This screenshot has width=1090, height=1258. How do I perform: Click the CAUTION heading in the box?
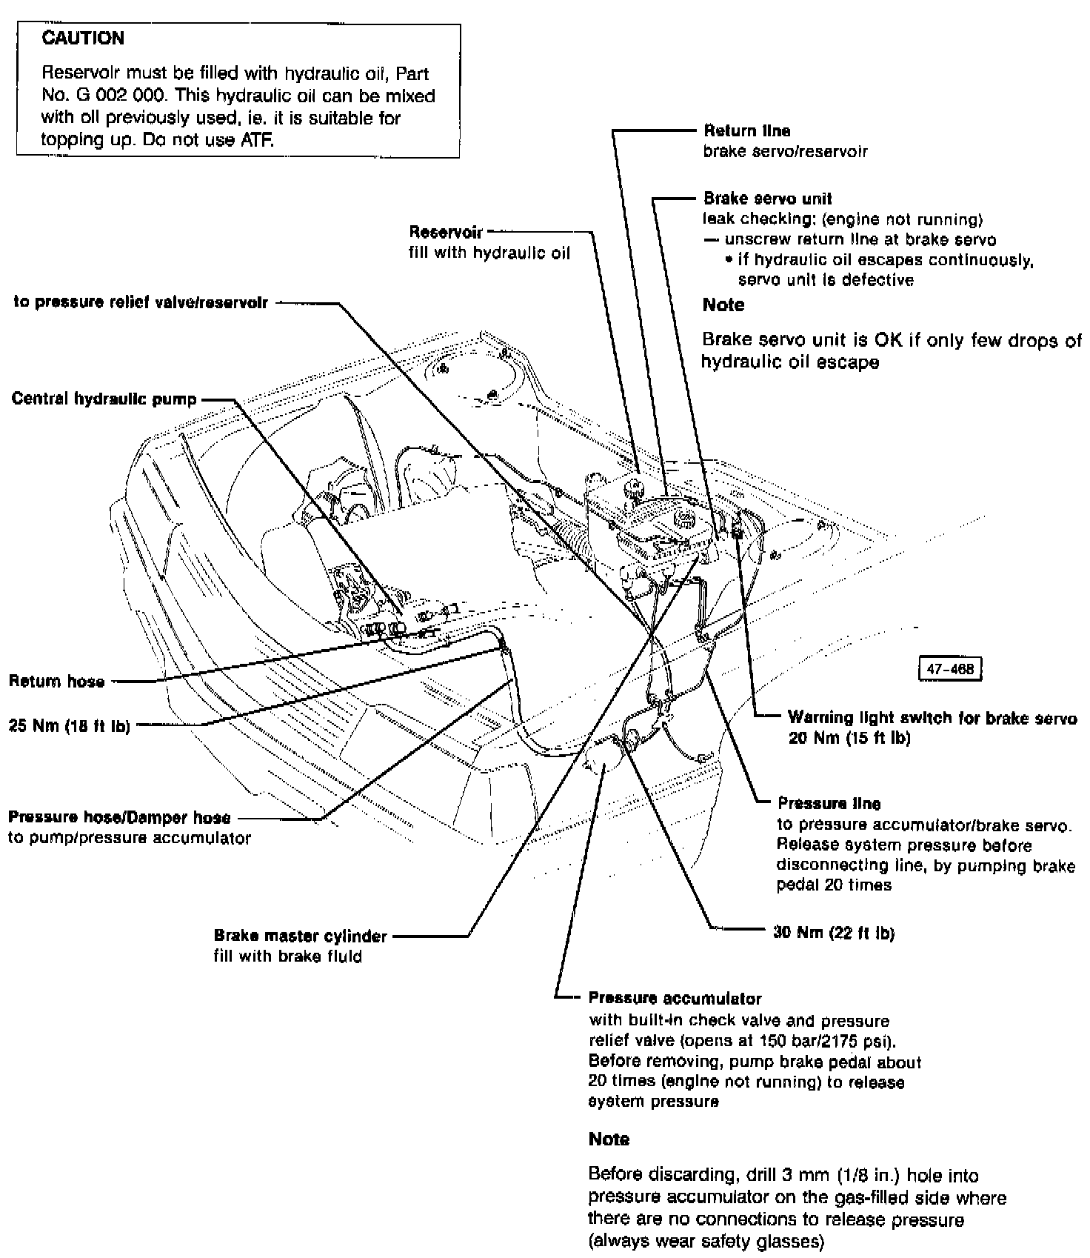pyautogui.click(x=83, y=39)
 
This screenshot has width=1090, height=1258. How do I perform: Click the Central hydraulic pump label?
pyautogui.click(x=104, y=399)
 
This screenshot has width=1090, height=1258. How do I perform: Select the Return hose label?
pyautogui.click(x=56, y=682)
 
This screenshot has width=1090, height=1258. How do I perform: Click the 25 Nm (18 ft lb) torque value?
pyautogui.click(x=69, y=726)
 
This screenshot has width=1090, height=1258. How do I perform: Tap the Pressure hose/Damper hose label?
pyautogui.click(x=119, y=818)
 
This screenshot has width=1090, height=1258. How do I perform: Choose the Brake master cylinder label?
pyautogui.click(x=300, y=936)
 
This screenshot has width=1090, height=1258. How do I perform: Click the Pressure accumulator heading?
pyautogui.click(x=675, y=998)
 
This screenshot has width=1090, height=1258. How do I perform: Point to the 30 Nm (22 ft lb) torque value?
pyautogui.click(x=834, y=933)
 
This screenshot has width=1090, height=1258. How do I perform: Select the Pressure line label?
pyautogui.click(x=829, y=803)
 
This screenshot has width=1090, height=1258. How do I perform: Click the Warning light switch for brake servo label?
pyautogui.click(x=932, y=718)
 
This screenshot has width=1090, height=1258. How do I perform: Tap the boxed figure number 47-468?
pyautogui.click(x=950, y=670)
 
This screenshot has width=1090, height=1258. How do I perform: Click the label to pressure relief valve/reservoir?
pyautogui.click(x=141, y=302)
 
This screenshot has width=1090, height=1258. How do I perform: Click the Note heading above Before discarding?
pyautogui.click(x=609, y=1139)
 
